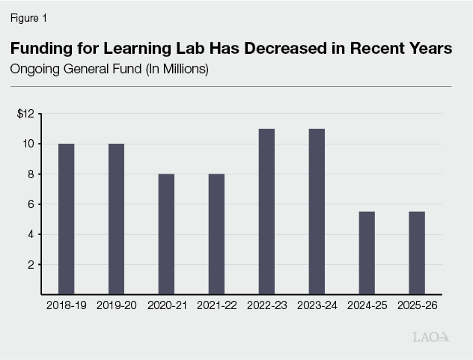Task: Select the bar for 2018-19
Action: [x=66, y=219]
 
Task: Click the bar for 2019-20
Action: [x=116, y=219]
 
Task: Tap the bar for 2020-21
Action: [x=166, y=234]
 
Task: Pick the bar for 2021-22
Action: [x=216, y=234]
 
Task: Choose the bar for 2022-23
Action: [x=266, y=211]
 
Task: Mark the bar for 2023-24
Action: [x=317, y=211]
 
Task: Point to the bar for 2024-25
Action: [x=367, y=252]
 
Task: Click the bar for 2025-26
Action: [x=417, y=252]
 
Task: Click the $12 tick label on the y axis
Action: [x=26, y=114]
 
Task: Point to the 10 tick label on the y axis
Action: [x=28, y=144]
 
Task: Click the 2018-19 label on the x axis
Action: [x=66, y=305]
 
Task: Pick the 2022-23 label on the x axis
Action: [x=266, y=305]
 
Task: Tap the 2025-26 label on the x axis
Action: [x=417, y=305]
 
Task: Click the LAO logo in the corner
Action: [x=431, y=337]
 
